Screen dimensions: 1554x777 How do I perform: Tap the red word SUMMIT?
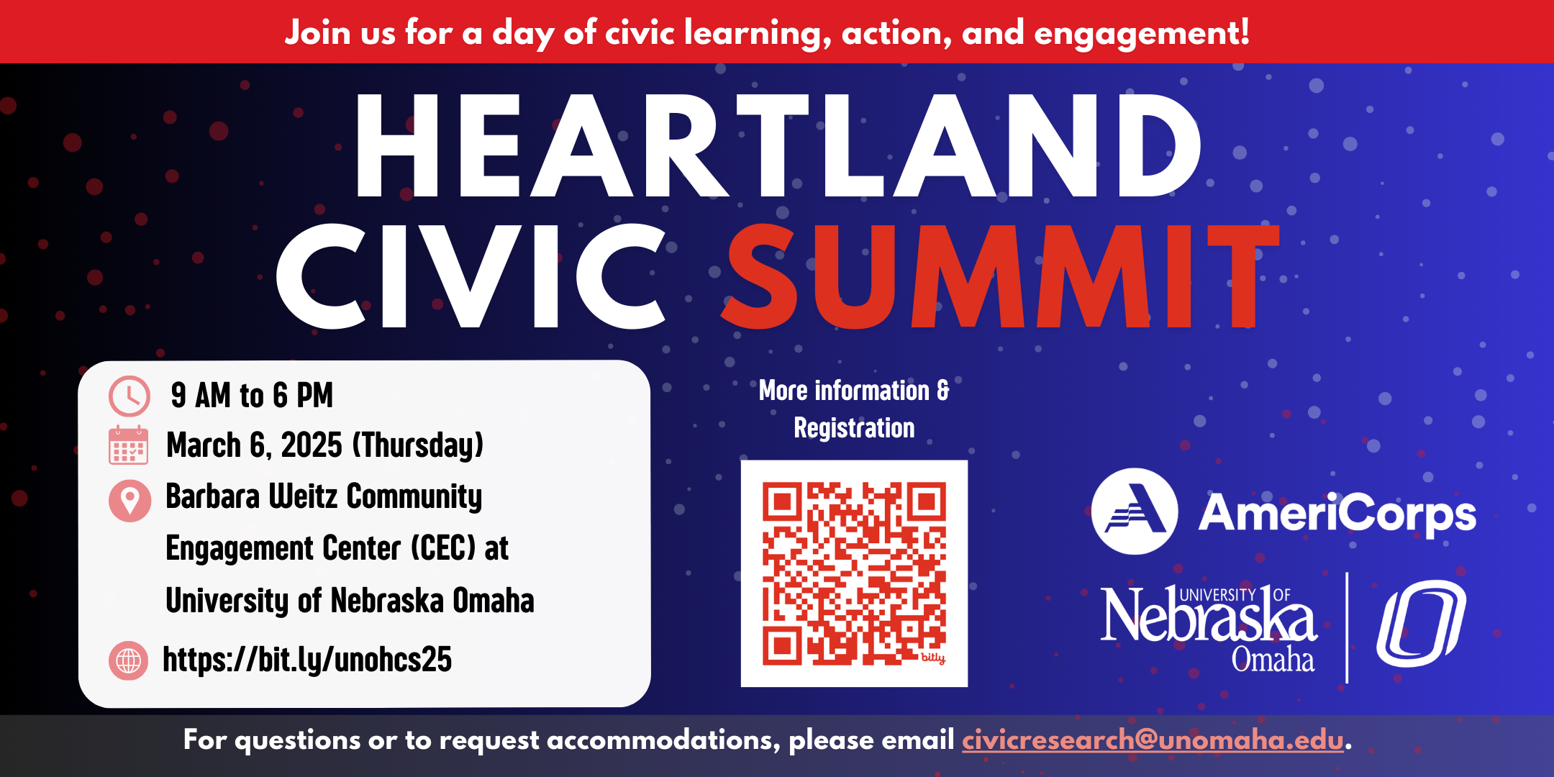[1001, 276]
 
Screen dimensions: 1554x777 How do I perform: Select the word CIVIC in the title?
[472, 276]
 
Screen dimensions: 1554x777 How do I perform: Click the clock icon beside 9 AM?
[129, 396]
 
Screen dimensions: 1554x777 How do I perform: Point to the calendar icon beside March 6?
[129, 445]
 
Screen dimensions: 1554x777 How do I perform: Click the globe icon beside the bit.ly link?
[129, 660]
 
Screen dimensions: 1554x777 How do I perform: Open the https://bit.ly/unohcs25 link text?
[307, 660]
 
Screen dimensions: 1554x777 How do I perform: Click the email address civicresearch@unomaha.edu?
[1153, 740]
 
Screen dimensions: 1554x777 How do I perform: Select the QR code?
[854, 573]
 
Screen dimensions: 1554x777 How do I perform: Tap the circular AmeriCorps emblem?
[1135, 512]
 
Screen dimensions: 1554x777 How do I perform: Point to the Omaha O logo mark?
[1422, 624]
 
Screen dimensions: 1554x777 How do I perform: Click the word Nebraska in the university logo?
[1209, 616]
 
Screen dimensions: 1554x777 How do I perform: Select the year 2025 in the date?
[312, 445]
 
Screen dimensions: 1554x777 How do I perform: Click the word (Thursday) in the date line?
[418, 445]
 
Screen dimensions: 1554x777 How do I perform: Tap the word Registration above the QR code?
[854, 428]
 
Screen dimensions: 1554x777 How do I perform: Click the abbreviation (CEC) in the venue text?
[444, 548]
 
